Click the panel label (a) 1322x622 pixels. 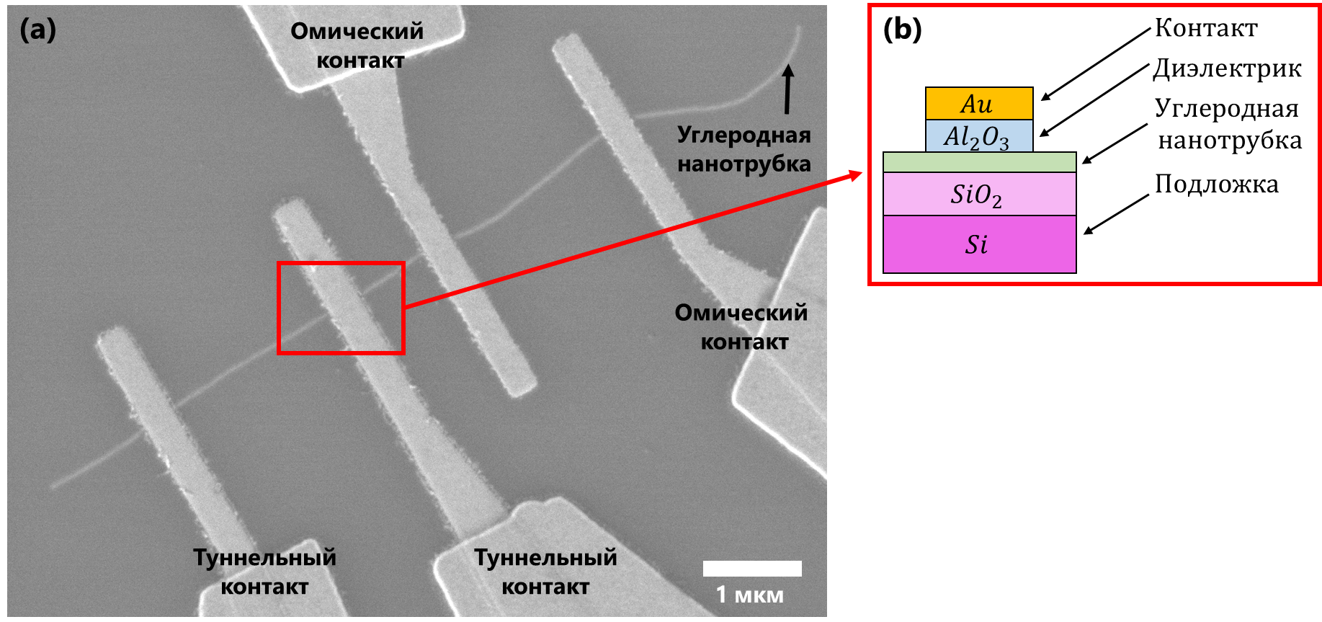pyautogui.click(x=37, y=30)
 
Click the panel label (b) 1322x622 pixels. pyautogui.click(x=902, y=30)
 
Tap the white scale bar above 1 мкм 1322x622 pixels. pyautogui.click(x=751, y=569)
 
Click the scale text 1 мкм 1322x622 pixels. pyautogui.click(x=749, y=595)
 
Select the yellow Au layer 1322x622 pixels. pyautogui.click(x=978, y=104)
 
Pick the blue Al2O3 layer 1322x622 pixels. pyautogui.click(x=978, y=136)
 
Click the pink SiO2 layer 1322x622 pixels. pyautogui.click(x=978, y=194)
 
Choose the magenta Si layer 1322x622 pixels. pyautogui.click(x=978, y=244)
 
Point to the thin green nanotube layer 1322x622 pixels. pyautogui.click(x=978, y=162)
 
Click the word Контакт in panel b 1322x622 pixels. pyautogui.click(x=1206, y=28)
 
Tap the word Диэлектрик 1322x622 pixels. pyautogui.click(x=1227, y=68)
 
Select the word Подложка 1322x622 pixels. pyautogui.click(x=1217, y=185)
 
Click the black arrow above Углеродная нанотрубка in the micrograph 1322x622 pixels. pyautogui.click(x=788, y=89)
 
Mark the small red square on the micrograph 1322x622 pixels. pyautogui.click(x=341, y=308)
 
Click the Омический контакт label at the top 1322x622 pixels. pyautogui.click(x=358, y=45)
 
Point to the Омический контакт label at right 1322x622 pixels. pyautogui.click(x=742, y=327)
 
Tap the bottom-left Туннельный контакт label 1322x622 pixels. pyautogui.click(x=264, y=572)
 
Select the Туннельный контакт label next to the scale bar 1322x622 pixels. pyautogui.click(x=545, y=572)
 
